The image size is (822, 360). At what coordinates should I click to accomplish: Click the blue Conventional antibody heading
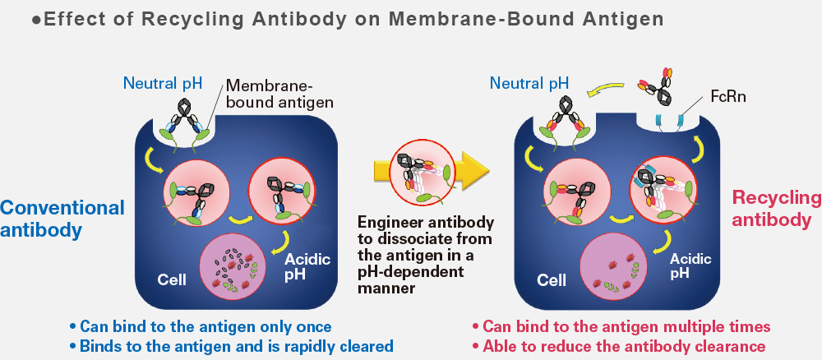coord(62,219)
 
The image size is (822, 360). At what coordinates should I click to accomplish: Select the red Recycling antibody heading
coord(777,209)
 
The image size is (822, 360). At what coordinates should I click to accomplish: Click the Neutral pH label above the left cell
coord(162,82)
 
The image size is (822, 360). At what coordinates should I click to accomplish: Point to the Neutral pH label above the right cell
coord(529,82)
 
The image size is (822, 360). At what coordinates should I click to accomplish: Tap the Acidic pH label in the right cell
coord(690,265)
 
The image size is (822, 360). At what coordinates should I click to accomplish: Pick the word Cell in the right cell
coord(551,280)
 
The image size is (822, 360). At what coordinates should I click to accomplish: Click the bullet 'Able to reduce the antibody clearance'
coord(623,346)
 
